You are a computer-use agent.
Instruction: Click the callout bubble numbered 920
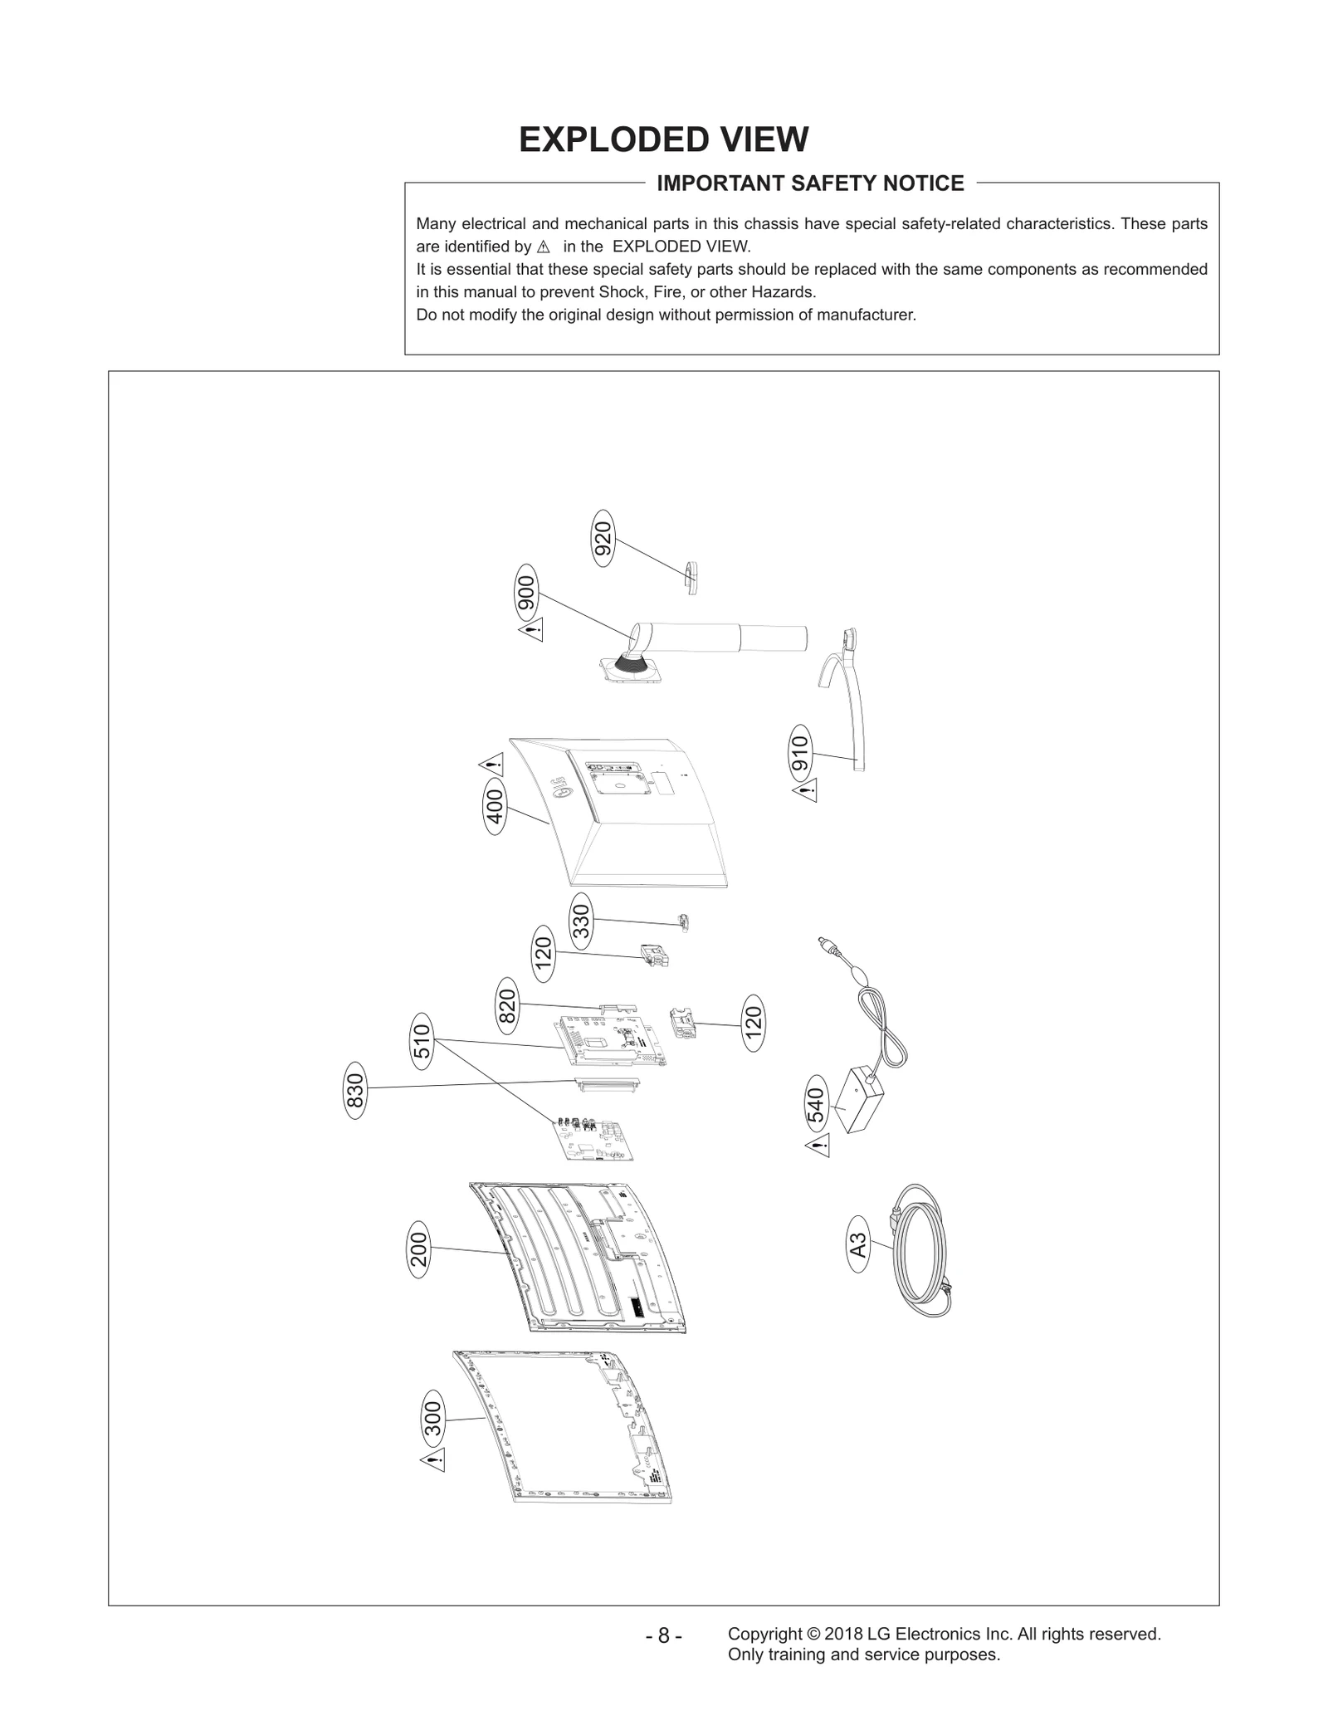pos(604,538)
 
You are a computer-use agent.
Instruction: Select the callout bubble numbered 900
pos(526,592)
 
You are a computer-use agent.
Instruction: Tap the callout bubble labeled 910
pos(800,751)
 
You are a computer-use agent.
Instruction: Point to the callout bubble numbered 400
pos(495,806)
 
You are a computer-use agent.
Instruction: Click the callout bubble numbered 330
pos(581,921)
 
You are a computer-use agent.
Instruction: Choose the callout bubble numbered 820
pos(507,1005)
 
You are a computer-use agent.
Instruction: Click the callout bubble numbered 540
pos(817,1104)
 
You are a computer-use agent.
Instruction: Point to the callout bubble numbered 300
pos(433,1418)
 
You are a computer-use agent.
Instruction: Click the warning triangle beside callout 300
pos(433,1459)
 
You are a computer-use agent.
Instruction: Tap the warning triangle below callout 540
pos(818,1147)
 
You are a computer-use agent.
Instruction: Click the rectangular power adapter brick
pos(860,1100)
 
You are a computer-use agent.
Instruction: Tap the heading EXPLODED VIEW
pos(663,139)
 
